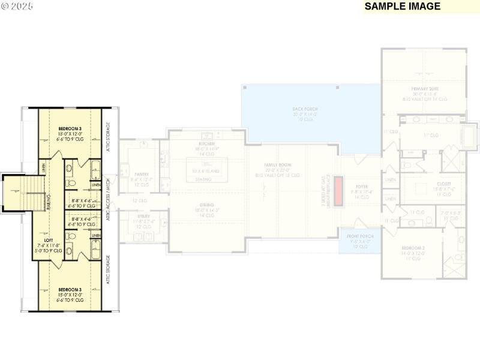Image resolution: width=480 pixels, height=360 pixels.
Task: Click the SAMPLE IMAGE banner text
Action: (x=403, y=7)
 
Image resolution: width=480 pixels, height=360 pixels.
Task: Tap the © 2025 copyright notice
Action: (x=19, y=7)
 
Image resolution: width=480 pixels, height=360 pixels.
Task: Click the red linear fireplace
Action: (x=338, y=191)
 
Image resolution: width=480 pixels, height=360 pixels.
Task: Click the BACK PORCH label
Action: (x=305, y=109)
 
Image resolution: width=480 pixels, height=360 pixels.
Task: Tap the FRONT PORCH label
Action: (x=360, y=236)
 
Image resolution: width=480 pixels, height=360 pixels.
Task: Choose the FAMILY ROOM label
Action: (x=278, y=164)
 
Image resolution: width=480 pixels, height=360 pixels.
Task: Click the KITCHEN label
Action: (x=205, y=144)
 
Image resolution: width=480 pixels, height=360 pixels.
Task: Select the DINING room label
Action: (x=205, y=205)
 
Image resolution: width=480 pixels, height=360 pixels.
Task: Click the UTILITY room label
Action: (x=143, y=216)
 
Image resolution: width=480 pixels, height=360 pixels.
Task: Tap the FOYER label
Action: (x=360, y=186)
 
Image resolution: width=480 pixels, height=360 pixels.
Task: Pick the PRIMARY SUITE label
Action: (x=425, y=89)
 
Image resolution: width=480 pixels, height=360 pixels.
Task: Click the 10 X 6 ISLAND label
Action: (x=206, y=171)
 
